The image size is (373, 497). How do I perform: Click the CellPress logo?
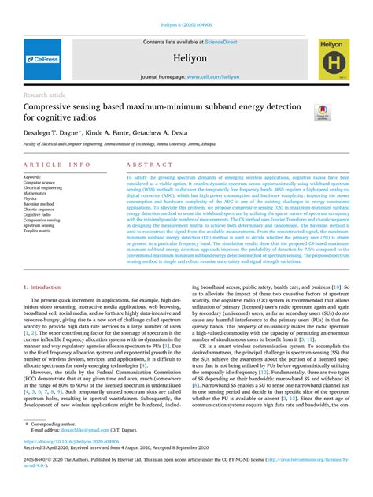click(42, 59)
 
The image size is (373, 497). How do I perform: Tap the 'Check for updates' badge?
click(323, 113)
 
